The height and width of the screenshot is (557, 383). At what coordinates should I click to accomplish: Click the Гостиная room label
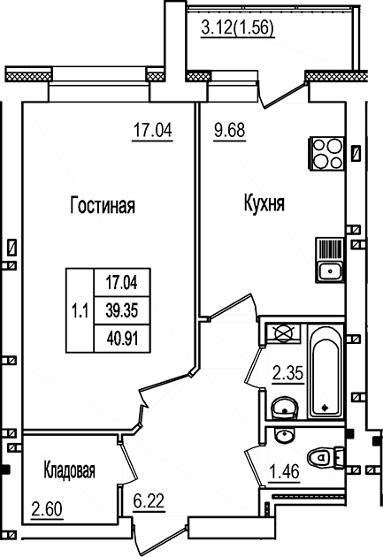pyautogui.click(x=102, y=207)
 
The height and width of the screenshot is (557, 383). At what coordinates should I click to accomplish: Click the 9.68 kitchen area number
pyautogui.click(x=229, y=133)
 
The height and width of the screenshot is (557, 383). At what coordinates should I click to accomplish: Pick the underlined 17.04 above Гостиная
pyautogui.click(x=151, y=133)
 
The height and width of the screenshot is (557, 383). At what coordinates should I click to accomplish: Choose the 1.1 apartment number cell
pyautogui.click(x=80, y=309)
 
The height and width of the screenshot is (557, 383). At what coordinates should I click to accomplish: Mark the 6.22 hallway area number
pyautogui.click(x=148, y=504)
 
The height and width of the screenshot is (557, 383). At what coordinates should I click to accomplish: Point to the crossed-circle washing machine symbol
pyautogui.click(x=283, y=332)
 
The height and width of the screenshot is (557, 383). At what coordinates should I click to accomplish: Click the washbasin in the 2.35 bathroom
pyautogui.click(x=283, y=408)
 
